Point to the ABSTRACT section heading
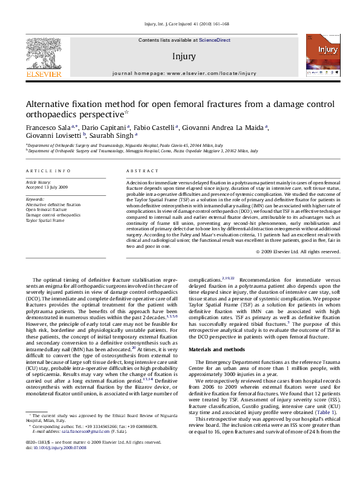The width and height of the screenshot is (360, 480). click(x=140, y=172)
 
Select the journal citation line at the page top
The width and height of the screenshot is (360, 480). click(x=180, y=24)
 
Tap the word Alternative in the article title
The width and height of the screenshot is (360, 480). click(x=57, y=103)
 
